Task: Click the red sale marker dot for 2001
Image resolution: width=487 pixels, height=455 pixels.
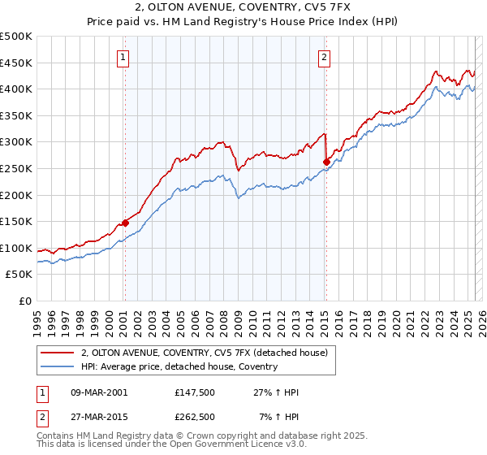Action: tap(126, 223)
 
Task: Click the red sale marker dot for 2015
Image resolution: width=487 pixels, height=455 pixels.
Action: tap(325, 162)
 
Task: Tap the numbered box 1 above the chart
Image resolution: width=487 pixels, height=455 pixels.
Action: tap(123, 57)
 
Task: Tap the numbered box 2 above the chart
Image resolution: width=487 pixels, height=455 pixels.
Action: tap(324, 57)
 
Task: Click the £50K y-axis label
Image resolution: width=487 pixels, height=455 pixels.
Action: tap(19, 275)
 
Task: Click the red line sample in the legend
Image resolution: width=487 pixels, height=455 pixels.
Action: tap(58, 353)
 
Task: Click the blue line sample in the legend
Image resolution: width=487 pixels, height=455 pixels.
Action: tap(58, 367)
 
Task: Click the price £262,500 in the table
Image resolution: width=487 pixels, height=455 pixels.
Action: tap(195, 417)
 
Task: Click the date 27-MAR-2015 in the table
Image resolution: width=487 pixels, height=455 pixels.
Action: tap(99, 417)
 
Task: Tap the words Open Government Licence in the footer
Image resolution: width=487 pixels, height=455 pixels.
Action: tap(204, 445)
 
